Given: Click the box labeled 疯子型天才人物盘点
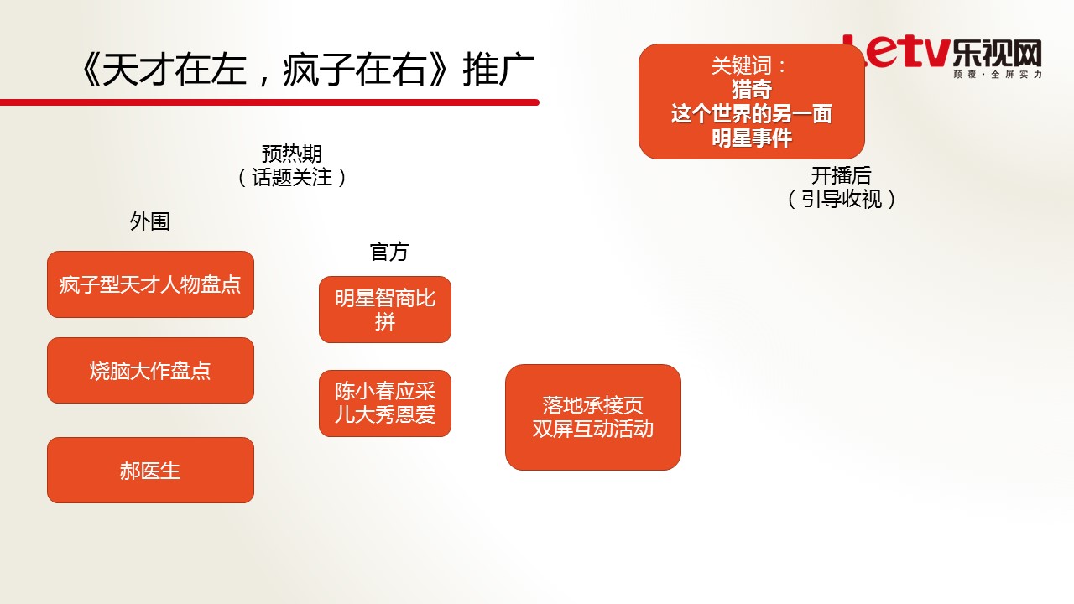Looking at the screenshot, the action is (x=150, y=284).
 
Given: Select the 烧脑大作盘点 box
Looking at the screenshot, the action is (x=150, y=371).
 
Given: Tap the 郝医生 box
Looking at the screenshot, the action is (x=150, y=471).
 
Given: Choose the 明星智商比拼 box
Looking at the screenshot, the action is (x=385, y=310).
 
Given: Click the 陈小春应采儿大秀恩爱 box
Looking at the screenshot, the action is (x=385, y=404).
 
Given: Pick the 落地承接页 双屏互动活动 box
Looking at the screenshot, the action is (x=593, y=417).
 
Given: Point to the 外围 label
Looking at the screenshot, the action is (x=150, y=221).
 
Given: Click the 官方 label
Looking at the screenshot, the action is (x=389, y=253).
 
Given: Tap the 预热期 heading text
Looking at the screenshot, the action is (x=291, y=154).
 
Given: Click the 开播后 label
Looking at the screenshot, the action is (x=841, y=175).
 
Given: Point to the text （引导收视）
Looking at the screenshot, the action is (x=841, y=199).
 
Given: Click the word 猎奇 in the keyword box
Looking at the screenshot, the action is (x=751, y=90).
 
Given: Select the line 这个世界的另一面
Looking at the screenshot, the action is (x=751, y=113).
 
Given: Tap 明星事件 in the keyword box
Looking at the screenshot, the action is (x=751, y=138).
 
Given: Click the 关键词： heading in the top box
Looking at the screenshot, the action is (x=749, y=65).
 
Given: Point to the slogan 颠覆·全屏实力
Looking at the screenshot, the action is (x=998, y=75).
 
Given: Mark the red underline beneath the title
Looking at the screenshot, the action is (x=269, y=102).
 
